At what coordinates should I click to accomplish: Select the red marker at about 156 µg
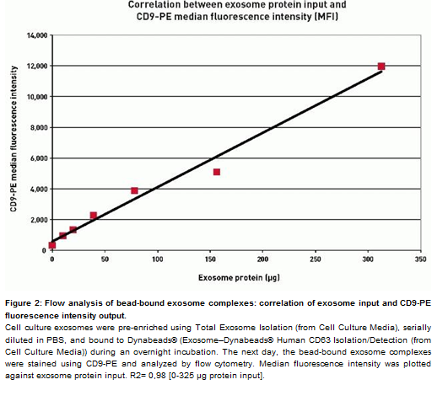[x=217, y=172]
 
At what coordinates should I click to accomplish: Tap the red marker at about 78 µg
[x=134, y=190]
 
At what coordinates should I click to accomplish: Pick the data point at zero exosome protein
[x=52, y=245]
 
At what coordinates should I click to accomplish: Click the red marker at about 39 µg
[x=94, y=216]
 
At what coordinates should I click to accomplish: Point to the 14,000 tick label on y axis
[x=37, y=35]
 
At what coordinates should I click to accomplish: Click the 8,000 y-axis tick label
[x=39, y=128]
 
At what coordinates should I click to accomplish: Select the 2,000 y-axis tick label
[x=39, y=220]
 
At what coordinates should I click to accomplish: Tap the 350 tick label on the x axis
[x=420, y=259]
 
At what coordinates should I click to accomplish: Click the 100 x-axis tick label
[x=158, y=259]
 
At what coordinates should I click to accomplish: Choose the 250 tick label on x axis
[x=316, y=259]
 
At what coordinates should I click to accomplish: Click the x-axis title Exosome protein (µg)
[x=239, y=278]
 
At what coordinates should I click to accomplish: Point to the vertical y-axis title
[x=13, y=139]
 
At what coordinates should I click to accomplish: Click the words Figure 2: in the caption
[x=24, y=303]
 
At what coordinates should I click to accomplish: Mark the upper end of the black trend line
[x=381, y=72]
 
